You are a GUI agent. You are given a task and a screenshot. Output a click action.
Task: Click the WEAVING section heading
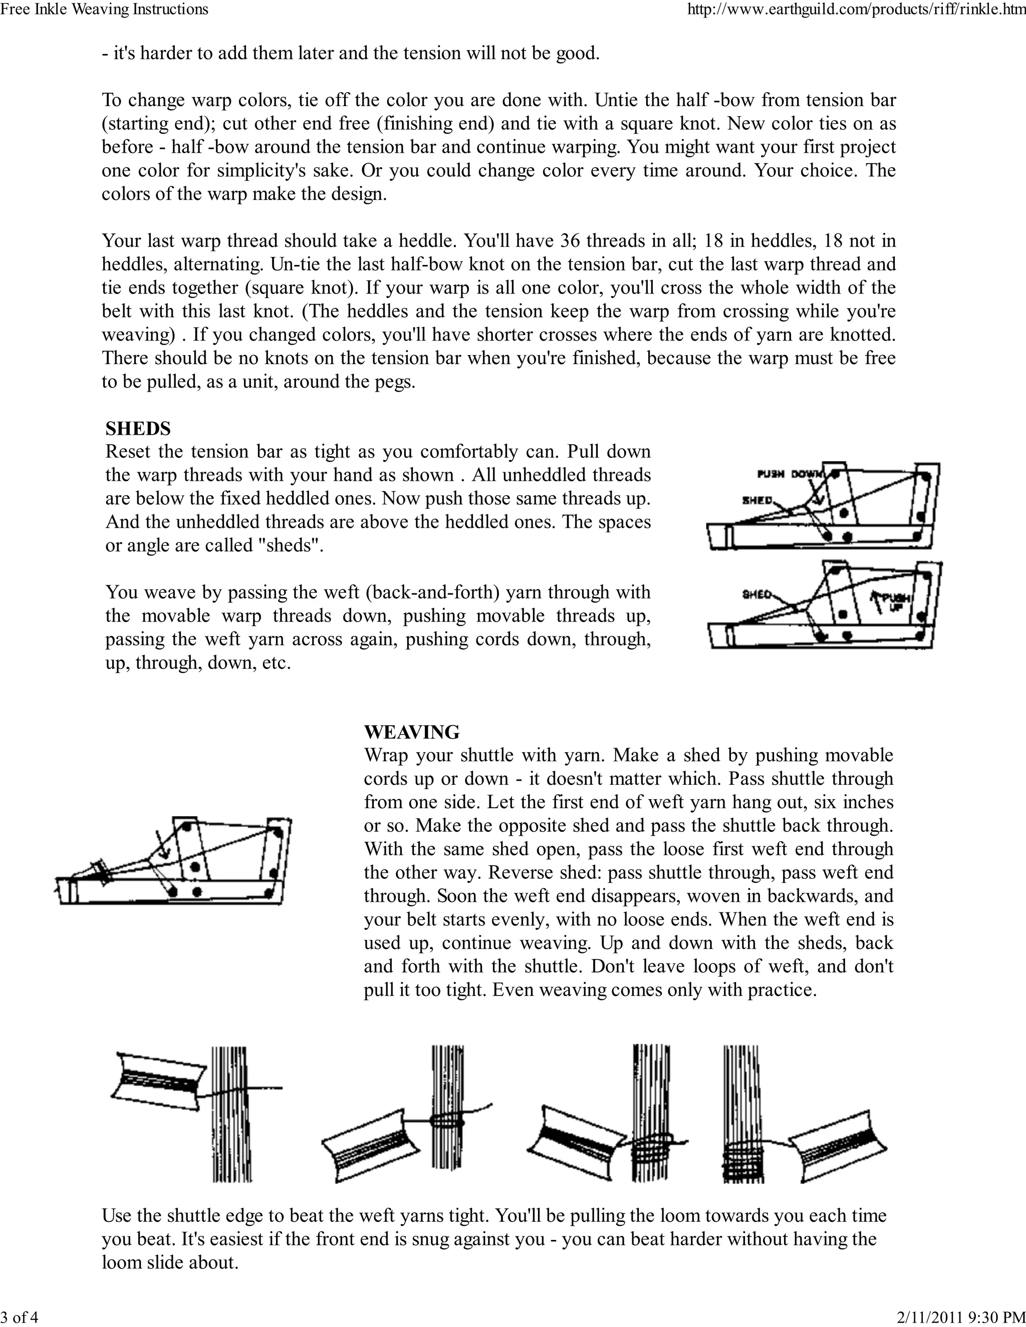click(x=411, y=732)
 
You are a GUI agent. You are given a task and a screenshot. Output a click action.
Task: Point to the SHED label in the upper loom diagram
click(x=757, y=501)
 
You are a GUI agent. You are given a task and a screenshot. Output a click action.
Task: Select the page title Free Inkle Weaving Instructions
click(x=105, y=9)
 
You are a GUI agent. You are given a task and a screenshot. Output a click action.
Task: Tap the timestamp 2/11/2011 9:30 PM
click(x=961, y=1317)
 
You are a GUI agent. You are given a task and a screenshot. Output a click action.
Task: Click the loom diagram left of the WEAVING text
click(x=173, y=862)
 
